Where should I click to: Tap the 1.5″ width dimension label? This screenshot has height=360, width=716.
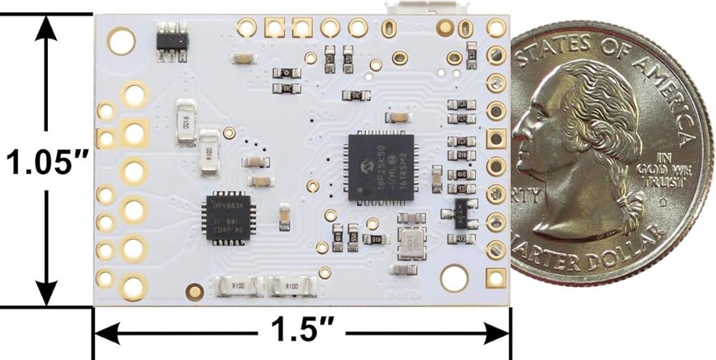[x=300, y=331]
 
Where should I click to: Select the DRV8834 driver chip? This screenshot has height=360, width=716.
[x=228, y=218]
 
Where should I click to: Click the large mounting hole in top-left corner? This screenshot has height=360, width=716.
[x=121, y=41]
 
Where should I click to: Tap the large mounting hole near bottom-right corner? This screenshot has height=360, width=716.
[x=454, y=278]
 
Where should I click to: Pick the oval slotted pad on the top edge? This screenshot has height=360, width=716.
[x=390, y=29]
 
